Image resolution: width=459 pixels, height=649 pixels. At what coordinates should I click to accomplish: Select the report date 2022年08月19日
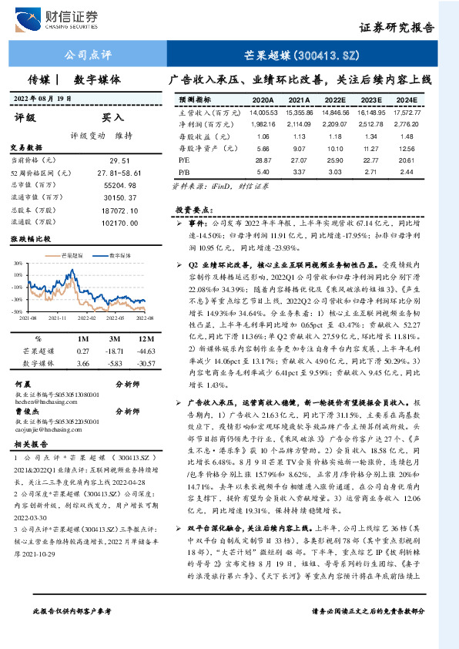coord(44,98)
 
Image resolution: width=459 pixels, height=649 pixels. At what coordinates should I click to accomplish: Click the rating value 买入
coord(113,118)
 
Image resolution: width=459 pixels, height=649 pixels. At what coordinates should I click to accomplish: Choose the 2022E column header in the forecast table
coord(335,100)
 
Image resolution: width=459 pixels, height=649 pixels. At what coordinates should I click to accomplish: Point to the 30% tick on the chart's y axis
coord(18,263)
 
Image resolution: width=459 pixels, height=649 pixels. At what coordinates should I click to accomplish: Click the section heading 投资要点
coord(193,208)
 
